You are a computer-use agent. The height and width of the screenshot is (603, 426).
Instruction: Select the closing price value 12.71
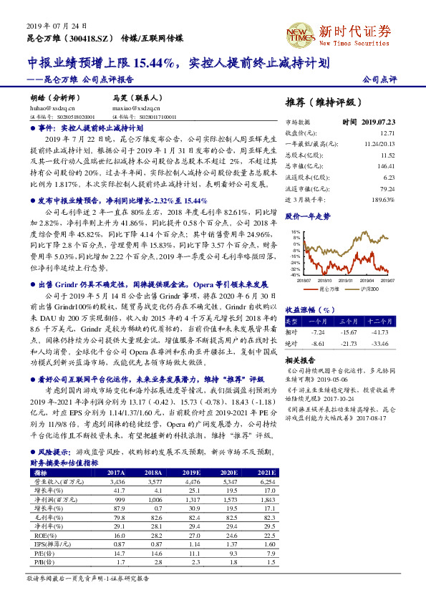387,133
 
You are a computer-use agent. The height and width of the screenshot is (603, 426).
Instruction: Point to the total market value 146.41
386,165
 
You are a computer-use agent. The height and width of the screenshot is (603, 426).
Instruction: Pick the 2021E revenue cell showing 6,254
266,483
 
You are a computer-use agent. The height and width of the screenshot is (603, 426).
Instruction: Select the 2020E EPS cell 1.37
230,544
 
